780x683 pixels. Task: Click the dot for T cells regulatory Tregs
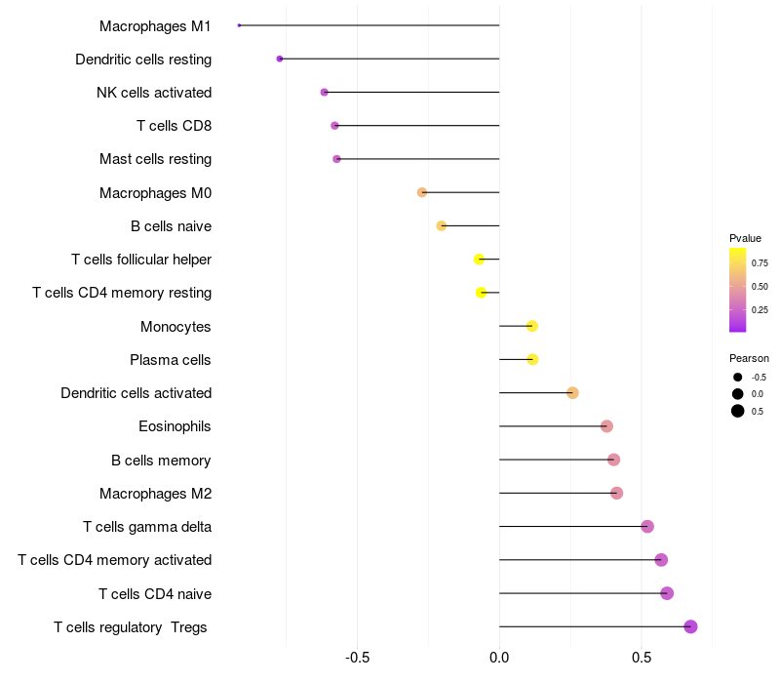(x=690, y=626)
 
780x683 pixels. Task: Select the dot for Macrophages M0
(x=422, y=192)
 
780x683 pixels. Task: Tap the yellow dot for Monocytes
(x=531, y=326)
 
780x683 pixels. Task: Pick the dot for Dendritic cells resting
(x=280, y=59)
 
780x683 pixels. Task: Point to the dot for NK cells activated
(x=325, y=92)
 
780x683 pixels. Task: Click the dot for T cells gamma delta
(x=647, y=527)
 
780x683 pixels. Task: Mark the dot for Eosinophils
(x=606, y=426)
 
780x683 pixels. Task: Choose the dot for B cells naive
(x=442, y=225)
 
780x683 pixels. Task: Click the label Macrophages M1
(x=155, y=25)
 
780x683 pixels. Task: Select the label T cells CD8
(x=174, y=126)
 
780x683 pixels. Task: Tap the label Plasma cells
(x=171, y=360)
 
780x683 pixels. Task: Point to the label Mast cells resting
(x=155, y=159)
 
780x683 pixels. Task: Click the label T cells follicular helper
(x=141, y=260)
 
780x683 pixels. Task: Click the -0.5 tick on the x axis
(x=357, y=657)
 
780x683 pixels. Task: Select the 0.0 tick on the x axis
(x=499, y=657)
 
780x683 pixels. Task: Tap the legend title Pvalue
(x=745, y=238)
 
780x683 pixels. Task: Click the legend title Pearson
(x=749, y=358)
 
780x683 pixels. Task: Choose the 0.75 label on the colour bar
(x=760, y=262)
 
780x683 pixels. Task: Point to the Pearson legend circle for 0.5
(x=738, y=411)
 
